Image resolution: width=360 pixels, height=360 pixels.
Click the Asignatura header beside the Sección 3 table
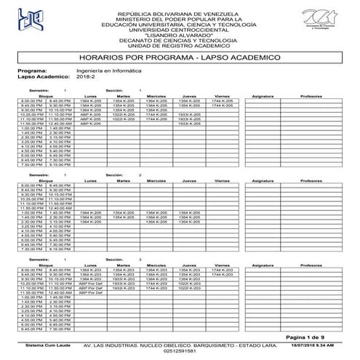pyautogui.click(x=263, y=265)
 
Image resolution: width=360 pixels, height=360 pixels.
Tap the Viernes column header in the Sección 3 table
pyautogui.click(x=223, y=265)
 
